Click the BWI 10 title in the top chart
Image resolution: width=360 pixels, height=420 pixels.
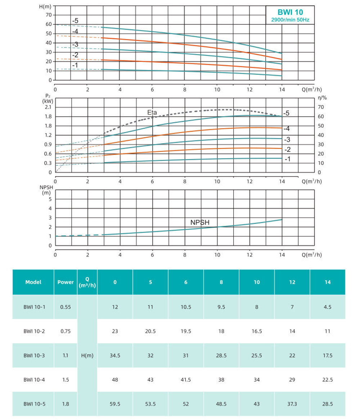290,12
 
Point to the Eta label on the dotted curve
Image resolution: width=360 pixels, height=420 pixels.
152,112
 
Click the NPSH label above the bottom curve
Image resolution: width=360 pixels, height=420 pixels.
200,222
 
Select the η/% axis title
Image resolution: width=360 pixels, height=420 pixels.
322,98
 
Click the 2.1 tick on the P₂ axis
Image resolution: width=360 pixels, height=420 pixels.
48,107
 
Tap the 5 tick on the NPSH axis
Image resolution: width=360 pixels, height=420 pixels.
50,199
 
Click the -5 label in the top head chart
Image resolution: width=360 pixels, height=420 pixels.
75,21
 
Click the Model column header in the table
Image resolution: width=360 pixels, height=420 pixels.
33,282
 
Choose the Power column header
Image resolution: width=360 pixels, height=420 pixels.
66,282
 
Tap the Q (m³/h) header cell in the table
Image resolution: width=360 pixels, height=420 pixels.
87,282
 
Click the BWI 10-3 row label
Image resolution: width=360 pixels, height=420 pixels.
34,355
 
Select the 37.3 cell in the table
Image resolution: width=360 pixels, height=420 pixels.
292,404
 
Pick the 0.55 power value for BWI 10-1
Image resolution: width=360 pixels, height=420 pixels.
66,307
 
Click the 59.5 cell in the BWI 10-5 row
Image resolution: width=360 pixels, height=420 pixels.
115,404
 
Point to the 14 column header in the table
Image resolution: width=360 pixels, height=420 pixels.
327,282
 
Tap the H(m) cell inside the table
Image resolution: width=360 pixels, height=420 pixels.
87,355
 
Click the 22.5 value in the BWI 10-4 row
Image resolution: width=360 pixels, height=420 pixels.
327,379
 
